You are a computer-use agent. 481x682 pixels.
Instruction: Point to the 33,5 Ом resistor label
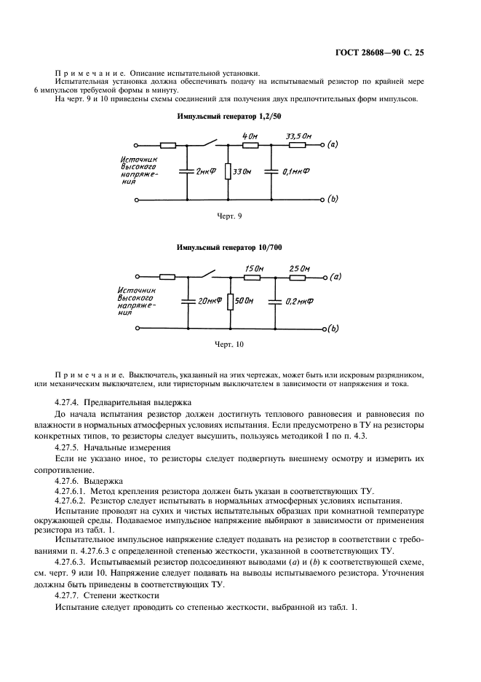click(299, 136)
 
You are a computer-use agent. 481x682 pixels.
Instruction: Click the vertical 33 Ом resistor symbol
click(228, 171)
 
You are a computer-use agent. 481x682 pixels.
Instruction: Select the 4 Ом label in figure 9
click(250, 136)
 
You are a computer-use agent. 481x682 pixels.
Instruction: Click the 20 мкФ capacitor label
click(209, 301)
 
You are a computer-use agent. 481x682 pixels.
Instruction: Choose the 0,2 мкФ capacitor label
click(296, 301)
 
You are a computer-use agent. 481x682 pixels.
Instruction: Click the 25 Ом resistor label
click(299, 267)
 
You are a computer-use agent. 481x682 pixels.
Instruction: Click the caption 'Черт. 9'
click(230, 216)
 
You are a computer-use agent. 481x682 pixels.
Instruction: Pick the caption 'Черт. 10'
click(230, 344)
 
